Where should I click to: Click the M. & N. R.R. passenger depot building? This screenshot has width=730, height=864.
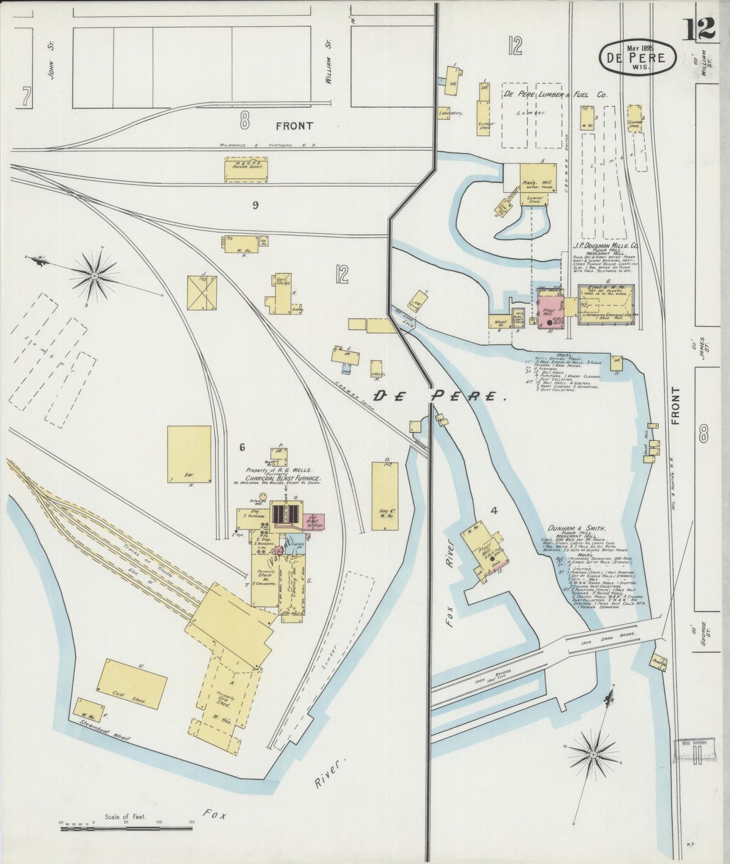point(246,170)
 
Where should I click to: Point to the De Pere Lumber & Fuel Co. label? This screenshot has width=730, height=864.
point(555,95)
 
